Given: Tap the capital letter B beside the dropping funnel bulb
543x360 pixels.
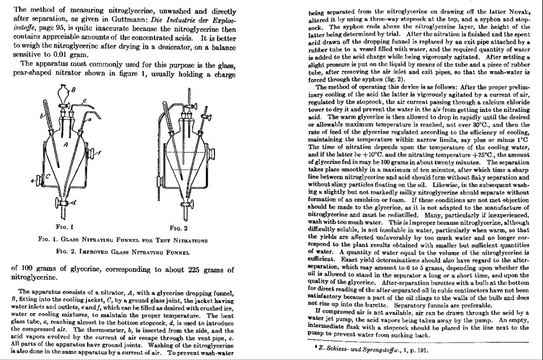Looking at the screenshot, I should tap(72, 89).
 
